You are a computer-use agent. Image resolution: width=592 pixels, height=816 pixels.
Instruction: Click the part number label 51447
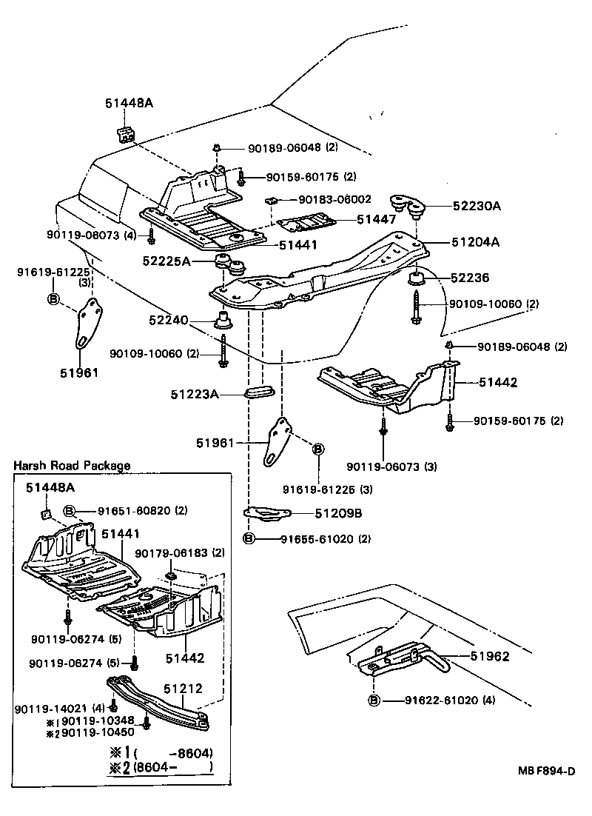[377, 219]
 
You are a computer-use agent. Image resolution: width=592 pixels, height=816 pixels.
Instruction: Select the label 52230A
[476, 206]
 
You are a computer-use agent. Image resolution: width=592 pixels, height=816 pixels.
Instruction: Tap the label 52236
[469, 278]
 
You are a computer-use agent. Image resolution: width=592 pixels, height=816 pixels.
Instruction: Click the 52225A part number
[167, 261]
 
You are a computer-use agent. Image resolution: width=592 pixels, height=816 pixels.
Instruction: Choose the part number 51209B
[340, 512]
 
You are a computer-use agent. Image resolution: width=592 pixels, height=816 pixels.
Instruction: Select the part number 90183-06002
[334, 200]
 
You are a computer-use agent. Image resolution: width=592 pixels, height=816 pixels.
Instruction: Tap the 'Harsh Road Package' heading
[72, 466]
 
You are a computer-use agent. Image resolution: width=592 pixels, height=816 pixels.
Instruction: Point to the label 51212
[183, 688]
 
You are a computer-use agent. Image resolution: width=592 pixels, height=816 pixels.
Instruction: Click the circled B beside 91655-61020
[249, 538]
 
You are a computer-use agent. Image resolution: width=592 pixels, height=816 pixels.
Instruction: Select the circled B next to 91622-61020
[374, 700]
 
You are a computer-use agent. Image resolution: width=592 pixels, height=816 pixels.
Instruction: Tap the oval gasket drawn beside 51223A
[259, 391]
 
